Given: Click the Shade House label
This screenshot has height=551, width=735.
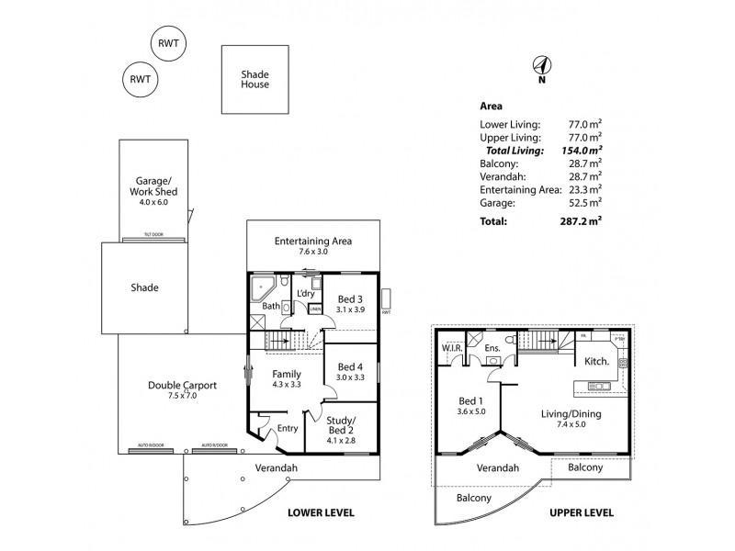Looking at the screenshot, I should click(x=254, y=79).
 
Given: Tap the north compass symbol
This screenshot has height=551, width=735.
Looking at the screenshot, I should click(x=542, y=66).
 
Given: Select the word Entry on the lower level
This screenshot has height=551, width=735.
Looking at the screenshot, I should click(x=288, y=428).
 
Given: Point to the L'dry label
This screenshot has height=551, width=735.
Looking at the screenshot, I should click(x=306, y=293).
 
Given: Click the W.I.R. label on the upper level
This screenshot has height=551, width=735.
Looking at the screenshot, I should click(x=450, y=348).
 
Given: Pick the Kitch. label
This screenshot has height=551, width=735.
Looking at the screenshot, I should click(x=597, y=362).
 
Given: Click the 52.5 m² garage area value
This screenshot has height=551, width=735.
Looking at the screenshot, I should click(x=585, y=202).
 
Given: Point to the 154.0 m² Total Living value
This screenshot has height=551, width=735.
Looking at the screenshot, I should click(x=582, y=151).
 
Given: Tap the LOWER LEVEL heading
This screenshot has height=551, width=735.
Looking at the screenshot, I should click(x=321, y=512).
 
